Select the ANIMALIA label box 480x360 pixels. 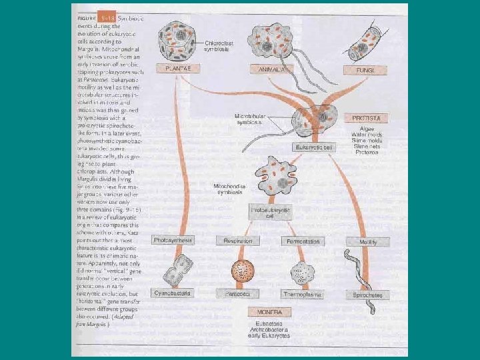point(271,69)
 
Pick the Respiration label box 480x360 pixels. point(239,241)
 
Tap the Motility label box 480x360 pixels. point(369,242)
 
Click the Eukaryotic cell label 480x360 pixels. point(311,147)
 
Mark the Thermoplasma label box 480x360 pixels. point(303,293)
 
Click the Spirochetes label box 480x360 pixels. point(369,294)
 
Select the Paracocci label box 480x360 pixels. point(239,293)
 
